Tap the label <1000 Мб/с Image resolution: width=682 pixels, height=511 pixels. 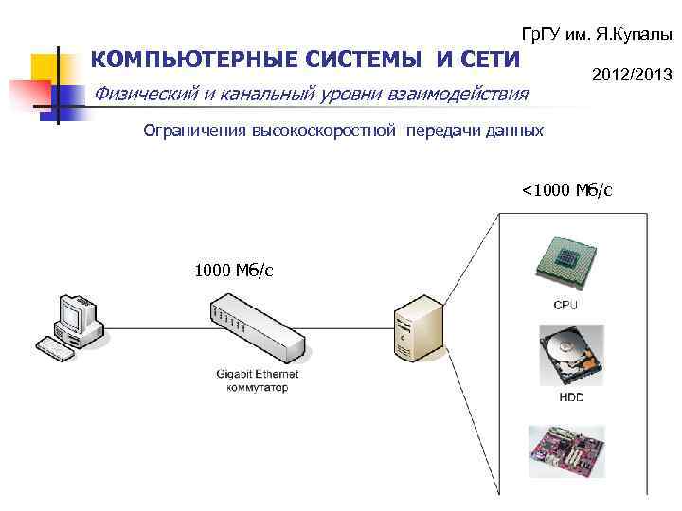(x=567, y=190)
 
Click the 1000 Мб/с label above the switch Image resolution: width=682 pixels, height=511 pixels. (x=234, y=271)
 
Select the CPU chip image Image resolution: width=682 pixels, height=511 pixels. (x=567, y=257)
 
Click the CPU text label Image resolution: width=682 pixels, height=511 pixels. (x=565, y=305)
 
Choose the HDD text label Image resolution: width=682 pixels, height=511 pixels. (x=571, y=397)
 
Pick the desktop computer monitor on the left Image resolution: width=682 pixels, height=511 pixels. (x=75, y=312)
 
